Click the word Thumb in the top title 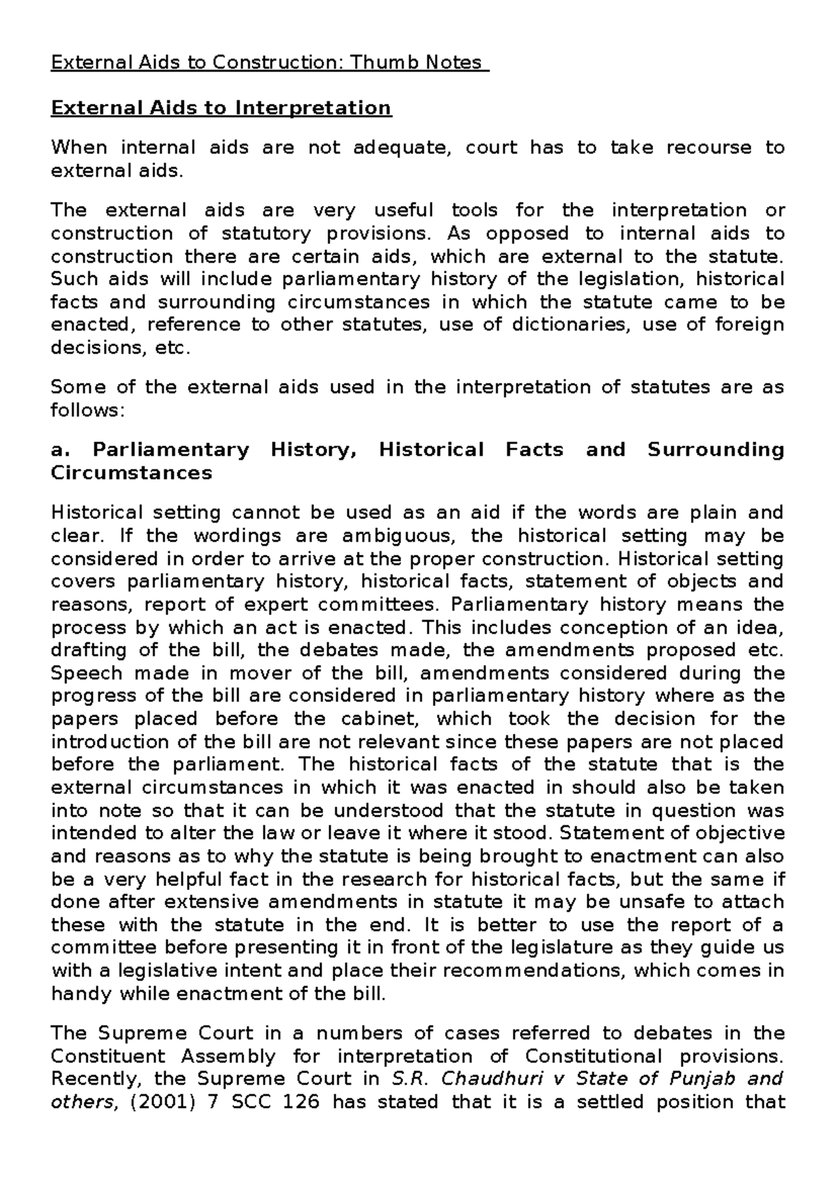[385, 63]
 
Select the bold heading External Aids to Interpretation [221, 108]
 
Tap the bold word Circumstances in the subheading [131, 473]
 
